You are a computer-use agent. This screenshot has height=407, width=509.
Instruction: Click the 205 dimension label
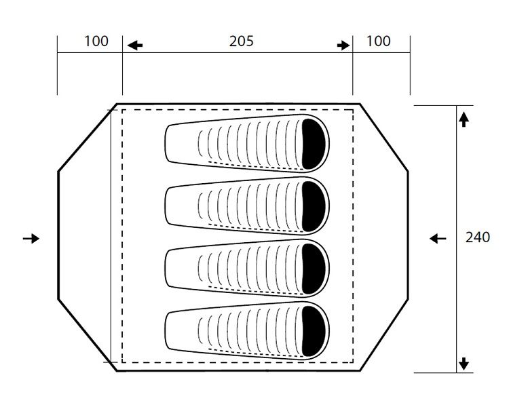pos(241,41)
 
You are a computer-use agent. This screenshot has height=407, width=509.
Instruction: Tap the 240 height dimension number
pos(477,237)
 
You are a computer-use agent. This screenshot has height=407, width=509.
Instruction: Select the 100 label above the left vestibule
pos(96,41)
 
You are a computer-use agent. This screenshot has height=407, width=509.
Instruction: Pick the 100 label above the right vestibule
pos(378,41)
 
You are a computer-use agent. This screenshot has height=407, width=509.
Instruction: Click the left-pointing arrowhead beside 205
pos(136,45)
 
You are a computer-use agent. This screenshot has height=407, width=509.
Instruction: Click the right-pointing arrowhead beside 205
pos(344,45)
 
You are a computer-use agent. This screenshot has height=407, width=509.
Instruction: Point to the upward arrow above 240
pos(464,120)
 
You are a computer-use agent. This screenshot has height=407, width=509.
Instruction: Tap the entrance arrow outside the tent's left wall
pos(31,238)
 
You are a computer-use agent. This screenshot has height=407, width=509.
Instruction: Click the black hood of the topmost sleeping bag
pos(315,144)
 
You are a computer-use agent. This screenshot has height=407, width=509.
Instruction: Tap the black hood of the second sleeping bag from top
pos(315,207)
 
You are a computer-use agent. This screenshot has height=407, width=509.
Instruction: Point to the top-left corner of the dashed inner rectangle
pos(123,109)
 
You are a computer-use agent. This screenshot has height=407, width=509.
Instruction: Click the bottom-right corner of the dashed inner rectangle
pos(353,362)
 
